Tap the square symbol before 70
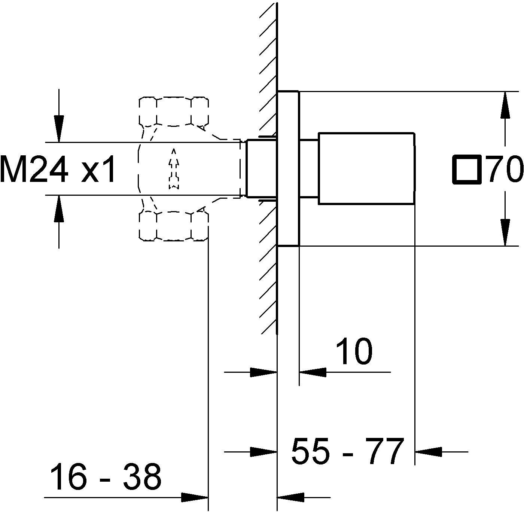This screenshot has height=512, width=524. pos(467,170)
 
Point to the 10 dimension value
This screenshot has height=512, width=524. pos(354,352)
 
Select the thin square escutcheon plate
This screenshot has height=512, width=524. pos(288,168)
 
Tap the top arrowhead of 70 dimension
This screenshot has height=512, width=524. pos(505,105)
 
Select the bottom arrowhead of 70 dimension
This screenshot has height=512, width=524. pos(505,232)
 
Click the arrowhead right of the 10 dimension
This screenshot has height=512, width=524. pos(312,372)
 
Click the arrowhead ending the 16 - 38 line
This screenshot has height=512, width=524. pos(195,497)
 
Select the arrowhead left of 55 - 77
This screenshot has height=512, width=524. pos(263,452)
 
